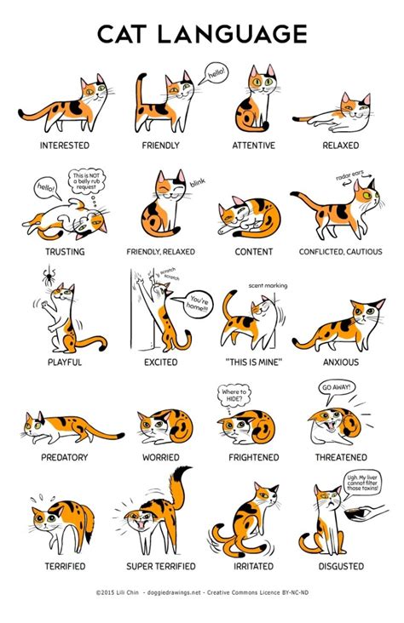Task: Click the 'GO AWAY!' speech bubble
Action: click(x=337, y=388)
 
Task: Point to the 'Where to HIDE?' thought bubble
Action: click(x=235, y=394)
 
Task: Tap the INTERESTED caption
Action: click(x=65, y=146)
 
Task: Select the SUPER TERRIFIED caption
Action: click(x=160, y=566)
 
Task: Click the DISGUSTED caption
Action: click(x=341, y=566)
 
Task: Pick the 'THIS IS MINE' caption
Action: click(x=253, y=362)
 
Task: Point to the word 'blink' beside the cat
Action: click(x=199, y=182)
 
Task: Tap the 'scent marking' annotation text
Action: click(x=268, y=286)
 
